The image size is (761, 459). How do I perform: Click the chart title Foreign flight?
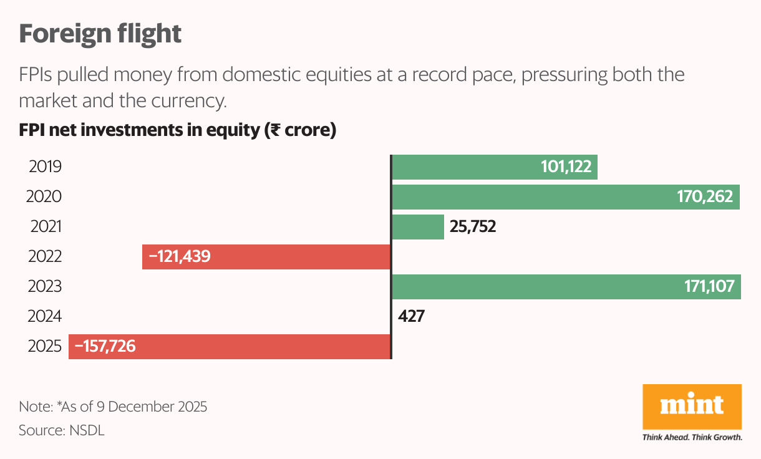(100, 34)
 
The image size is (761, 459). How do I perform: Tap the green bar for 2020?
(530, 197)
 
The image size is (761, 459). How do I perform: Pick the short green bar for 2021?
(417, 227)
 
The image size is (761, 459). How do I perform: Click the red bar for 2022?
(299, 257)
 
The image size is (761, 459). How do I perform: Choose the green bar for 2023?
(530, 287)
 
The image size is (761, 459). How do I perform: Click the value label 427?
(411, 316)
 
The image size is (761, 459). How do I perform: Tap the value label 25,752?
(472, 227)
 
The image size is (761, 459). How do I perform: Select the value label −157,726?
(105, 346)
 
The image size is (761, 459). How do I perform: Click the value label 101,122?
(566, 167)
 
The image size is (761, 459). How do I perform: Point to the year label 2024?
(45, 316)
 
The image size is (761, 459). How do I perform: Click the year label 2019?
(45, 167)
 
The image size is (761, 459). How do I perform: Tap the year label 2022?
(45, 257)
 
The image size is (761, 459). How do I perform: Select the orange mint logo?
(692, 406)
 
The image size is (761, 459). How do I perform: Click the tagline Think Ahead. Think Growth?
(692, 437)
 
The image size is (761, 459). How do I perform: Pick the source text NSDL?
(86, 430)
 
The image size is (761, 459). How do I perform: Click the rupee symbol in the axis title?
(272, 131)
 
